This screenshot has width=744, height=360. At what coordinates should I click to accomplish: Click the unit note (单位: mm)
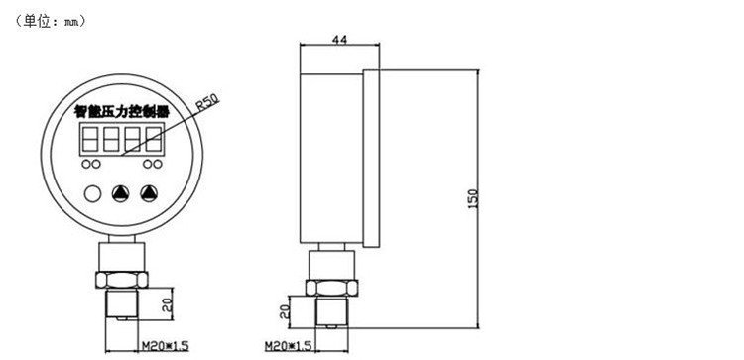pyautogui.click(x=51, y=22)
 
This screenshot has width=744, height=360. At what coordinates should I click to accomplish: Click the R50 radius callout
pyautogui.click(x=208, y=102)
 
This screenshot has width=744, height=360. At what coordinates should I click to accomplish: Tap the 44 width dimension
pyautogui.click(x=339, y=40)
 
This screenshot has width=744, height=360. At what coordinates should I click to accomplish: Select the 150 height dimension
pyautogui.click(x=473, y=199)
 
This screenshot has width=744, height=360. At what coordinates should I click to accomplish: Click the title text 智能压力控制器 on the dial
pyautogui.click(x=122, y=112)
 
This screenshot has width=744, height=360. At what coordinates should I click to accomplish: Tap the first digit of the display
pyautogui.click(x=89, y=140)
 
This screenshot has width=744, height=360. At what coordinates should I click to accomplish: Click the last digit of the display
pyautogui.click(x=153, y=140)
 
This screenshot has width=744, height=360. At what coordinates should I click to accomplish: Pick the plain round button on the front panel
pyautogui.click(x=92, y=193)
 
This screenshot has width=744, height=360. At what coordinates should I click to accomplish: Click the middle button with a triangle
pyautogui.click(x=120, y=193)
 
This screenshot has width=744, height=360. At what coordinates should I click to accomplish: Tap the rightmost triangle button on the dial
pyautogui.click(x=149, y=193)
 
